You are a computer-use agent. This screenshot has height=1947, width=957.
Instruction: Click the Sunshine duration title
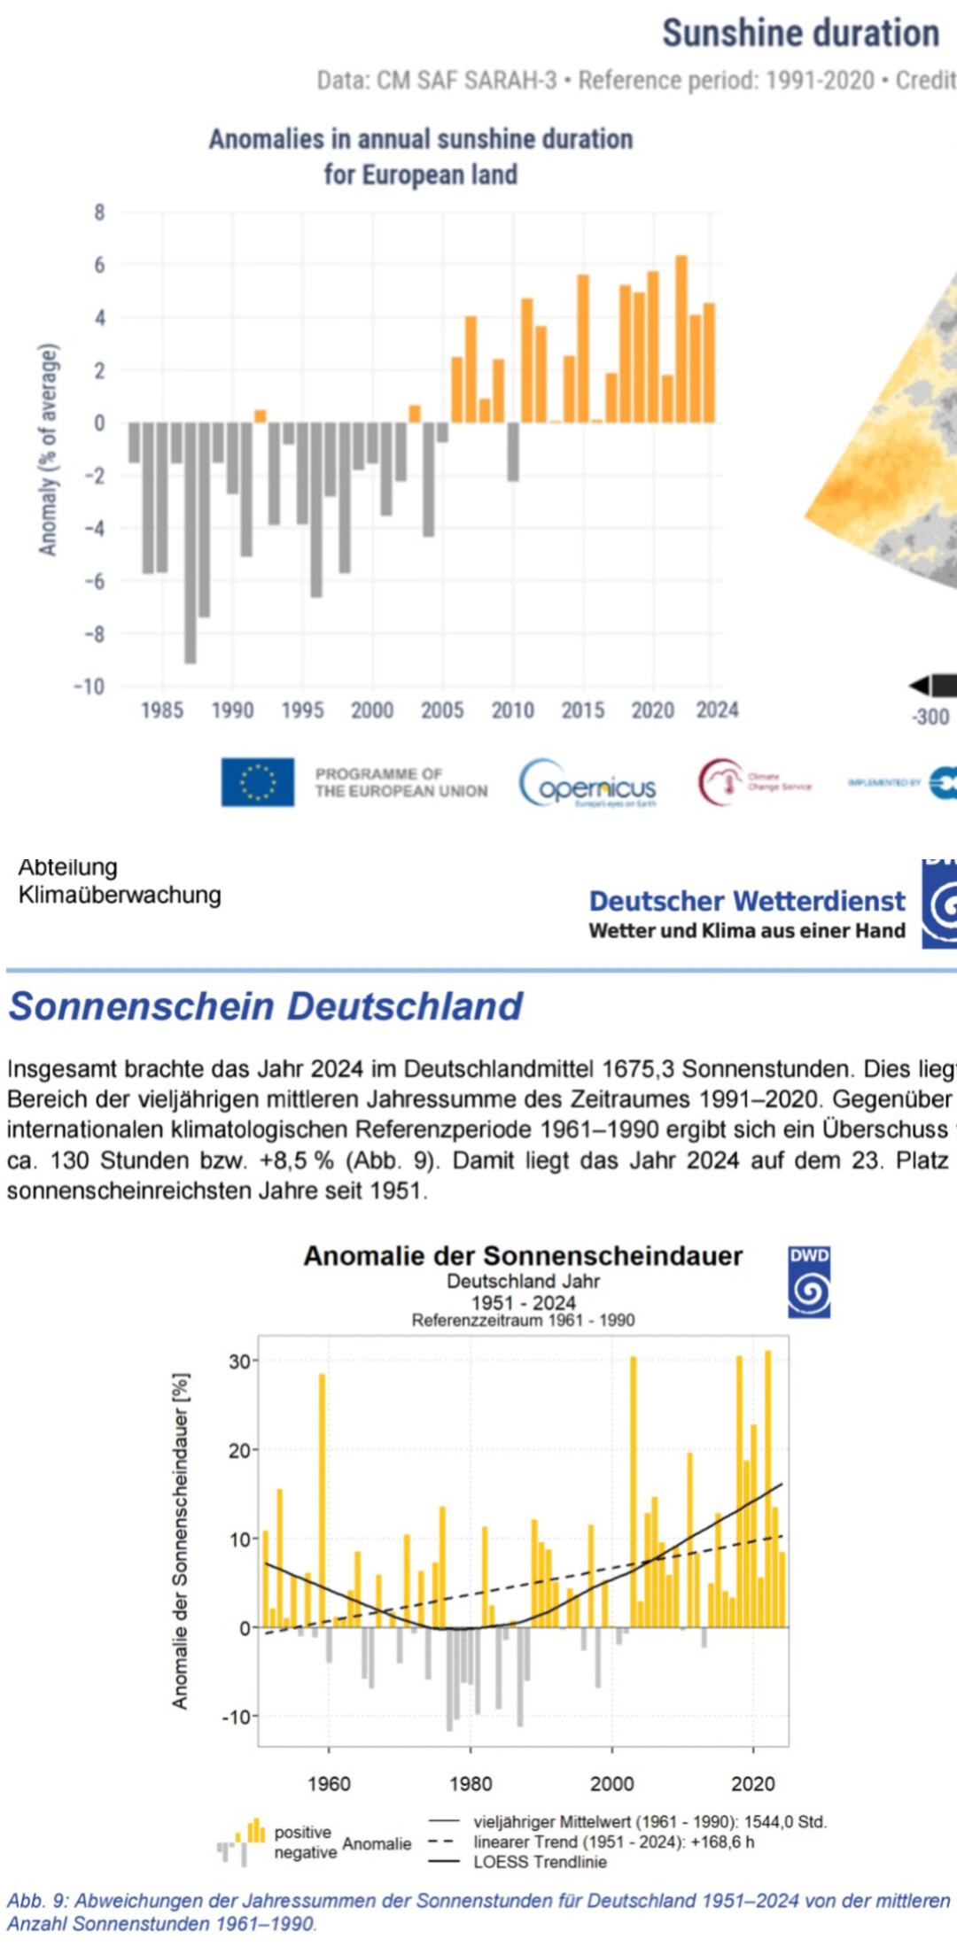click(x=800, y=34)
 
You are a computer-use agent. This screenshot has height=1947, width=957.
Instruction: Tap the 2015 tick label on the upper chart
click(x=582, y=710)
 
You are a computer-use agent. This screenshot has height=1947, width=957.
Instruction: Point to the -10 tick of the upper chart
click(x=89, y=686)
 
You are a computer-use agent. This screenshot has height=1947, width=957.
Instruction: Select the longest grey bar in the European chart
click(x=191, y=542)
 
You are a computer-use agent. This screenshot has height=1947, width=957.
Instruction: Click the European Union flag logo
click(x=257, y=782)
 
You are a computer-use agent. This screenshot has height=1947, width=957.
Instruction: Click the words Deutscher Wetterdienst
click(x=747, y=901)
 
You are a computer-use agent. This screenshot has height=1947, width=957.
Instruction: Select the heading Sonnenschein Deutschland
click(x=265, y=1006)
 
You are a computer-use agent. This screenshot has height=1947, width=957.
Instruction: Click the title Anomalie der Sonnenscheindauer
click(x=523, y=1256)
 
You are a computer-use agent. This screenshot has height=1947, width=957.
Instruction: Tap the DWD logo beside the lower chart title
click(x=809, y=1282)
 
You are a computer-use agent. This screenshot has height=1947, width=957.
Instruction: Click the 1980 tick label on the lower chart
click(x=470, y=1783)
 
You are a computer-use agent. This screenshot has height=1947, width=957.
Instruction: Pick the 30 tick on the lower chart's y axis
click(x=239, y=1361)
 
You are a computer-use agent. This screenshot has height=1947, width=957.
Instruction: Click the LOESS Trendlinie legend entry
click(x=540, y=1861)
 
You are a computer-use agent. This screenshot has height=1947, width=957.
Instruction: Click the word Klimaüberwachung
click(x=120, y=895)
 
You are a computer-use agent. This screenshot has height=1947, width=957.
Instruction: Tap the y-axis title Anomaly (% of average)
click(x=48, y=449)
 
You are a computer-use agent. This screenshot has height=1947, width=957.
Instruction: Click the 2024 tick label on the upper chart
click(x=717, y=710)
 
